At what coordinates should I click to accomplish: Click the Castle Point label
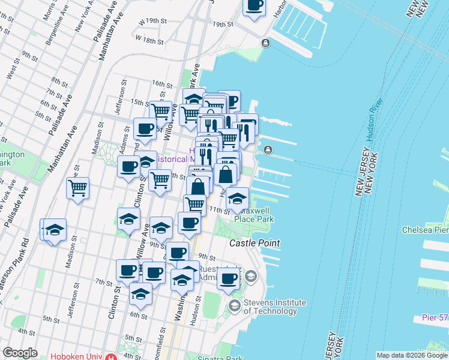(255, 244)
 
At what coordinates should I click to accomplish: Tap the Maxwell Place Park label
(254, 215)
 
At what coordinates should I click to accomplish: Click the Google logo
(20, 353)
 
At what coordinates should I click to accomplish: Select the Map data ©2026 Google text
(412, 355)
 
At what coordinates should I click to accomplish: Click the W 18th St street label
(150, 40)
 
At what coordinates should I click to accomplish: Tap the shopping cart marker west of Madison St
(78, 188)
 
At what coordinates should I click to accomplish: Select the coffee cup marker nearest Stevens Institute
(229, 278)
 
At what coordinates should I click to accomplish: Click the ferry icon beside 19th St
(265, 43)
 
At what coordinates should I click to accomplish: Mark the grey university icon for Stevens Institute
(234, 307)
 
